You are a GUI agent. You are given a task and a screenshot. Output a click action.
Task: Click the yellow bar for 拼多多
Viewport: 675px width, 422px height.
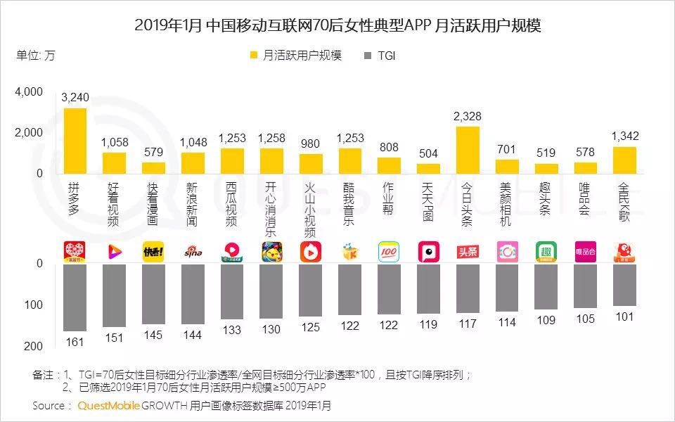[x=75, y=140]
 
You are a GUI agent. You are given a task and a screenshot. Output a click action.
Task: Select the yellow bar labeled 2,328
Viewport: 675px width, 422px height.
[x=468, y=149]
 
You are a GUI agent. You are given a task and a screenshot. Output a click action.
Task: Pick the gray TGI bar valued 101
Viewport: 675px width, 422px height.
[x=624, y=285]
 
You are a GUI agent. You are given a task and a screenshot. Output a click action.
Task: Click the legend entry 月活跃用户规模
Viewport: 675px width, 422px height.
[x=295, y=56]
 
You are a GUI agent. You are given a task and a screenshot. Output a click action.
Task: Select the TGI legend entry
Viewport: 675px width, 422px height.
[x=378, y=56]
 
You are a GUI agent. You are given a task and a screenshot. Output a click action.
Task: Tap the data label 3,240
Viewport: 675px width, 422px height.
[x=75, y=98]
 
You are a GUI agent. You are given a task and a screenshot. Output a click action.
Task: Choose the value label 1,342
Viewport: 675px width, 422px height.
[x=624, y=136]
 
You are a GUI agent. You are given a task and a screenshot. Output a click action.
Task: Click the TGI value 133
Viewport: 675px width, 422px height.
[x=231, y=329]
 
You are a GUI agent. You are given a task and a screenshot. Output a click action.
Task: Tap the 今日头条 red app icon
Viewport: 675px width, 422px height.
[x=468, y=251]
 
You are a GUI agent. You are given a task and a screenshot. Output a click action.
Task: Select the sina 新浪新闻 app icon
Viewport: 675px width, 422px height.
[x=193, y=251]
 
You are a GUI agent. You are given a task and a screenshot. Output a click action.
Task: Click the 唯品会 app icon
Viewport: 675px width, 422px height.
[x=585, y=251]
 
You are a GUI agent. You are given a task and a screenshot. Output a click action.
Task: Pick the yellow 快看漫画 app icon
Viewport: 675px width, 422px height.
[x=153, y=251]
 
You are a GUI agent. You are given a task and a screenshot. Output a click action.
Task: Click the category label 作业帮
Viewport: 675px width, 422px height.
[x=389, y=200]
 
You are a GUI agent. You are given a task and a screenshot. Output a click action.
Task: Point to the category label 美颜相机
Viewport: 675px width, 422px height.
[x=506, y=204]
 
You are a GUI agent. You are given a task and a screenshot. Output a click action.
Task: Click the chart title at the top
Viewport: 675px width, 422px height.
[x=337, y=26]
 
